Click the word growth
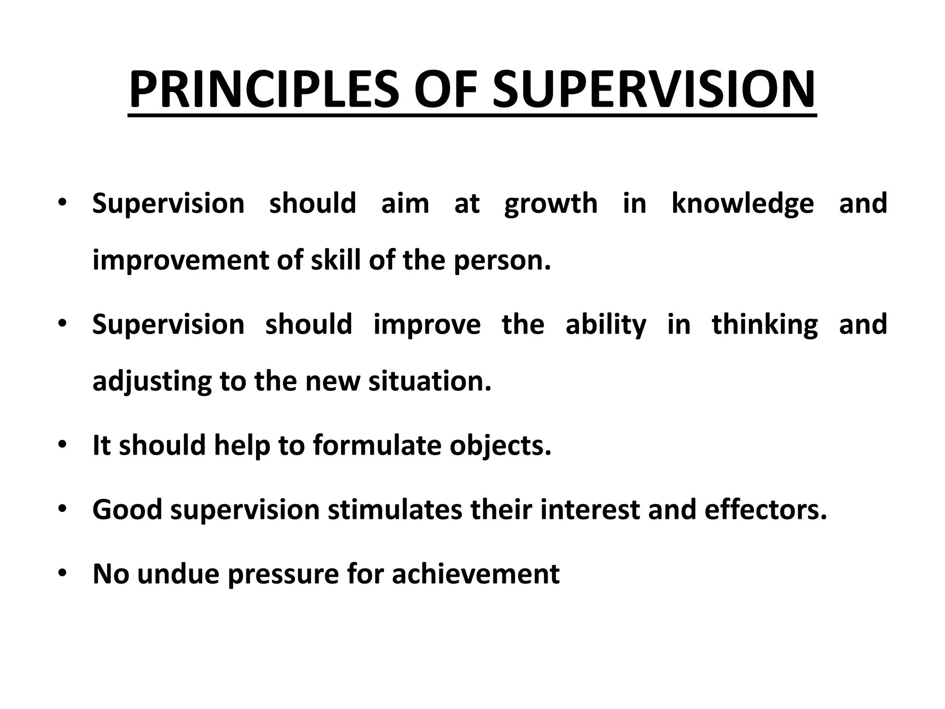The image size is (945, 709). coord(551,204)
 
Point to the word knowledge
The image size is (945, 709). coord(742,204)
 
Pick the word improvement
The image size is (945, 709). coord(180,261)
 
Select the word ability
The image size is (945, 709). coord(606,325)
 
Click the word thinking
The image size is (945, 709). coord(765,325)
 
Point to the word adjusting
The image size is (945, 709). coord(152,383)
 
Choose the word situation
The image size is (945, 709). coord(430,382)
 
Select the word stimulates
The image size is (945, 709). coord(395,510)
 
